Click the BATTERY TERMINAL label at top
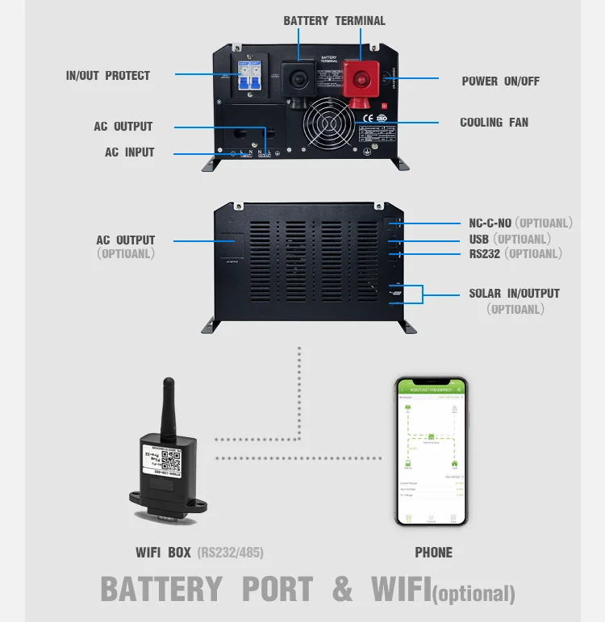tap(335, 21)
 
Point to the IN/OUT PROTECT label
tap(108, 76)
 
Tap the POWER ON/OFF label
tap(500, 81)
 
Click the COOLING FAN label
tap(494, 123)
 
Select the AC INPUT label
tap(129, 152)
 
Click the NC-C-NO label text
tap(490, 223)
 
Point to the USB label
tap(479, 239)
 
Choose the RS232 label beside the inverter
tap(486, 254)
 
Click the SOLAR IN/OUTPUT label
tap(514, 294)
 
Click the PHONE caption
tap(433, 553)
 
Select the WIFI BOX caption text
tap(164, 553)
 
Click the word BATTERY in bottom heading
tap(161, 590)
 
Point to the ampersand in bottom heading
tap(343, 590)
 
